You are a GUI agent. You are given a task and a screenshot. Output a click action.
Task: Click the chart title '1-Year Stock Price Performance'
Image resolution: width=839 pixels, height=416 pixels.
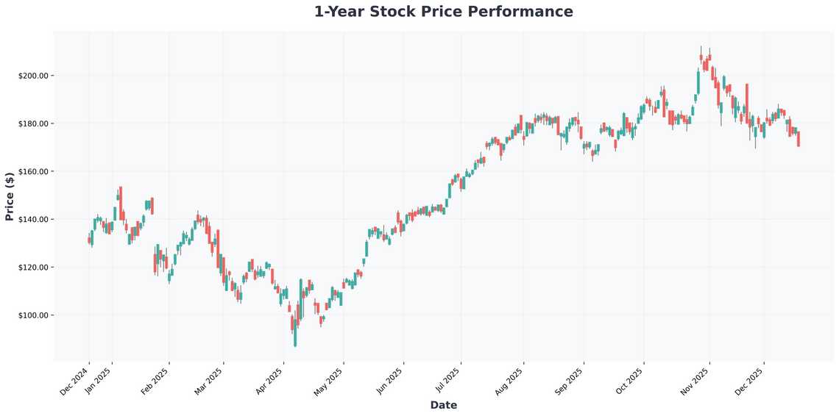coord(443,12)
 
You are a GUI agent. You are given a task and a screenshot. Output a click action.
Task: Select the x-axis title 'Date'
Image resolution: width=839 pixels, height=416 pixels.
coord(443,405)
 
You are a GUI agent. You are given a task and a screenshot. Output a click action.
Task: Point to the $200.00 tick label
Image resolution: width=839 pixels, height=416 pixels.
coord(33,76)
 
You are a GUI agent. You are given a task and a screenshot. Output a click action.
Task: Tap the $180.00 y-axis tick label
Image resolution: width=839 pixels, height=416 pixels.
coord(33,123)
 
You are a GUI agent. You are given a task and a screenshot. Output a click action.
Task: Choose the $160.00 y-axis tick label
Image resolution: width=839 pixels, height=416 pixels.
coord(33,171)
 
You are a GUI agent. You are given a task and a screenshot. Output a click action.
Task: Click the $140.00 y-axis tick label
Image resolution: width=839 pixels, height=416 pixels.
coord(33,219)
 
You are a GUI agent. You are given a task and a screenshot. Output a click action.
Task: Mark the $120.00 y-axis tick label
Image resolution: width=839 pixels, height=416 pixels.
coord(33,268)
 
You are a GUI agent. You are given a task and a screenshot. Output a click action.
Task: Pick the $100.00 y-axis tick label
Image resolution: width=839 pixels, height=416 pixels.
coord(33,315)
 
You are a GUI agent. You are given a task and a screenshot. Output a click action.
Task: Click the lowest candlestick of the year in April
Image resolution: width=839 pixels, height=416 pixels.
coord(295,337)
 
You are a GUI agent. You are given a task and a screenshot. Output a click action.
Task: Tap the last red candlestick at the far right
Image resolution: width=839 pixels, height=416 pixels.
coord(799,139)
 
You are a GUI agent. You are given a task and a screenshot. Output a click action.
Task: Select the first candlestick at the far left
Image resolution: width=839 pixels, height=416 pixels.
coord(89,240)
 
